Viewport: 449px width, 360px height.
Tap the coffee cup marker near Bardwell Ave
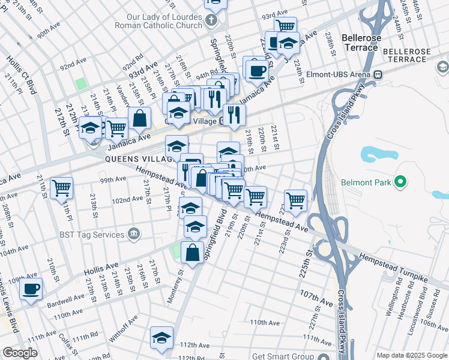tap(31, 289)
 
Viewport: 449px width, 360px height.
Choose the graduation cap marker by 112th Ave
tap(161, 338)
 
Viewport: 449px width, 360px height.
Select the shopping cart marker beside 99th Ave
tap(61, 188)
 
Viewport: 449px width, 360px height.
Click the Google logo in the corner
tap(20, 353)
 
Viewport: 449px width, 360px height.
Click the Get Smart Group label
tap(283, 355)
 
